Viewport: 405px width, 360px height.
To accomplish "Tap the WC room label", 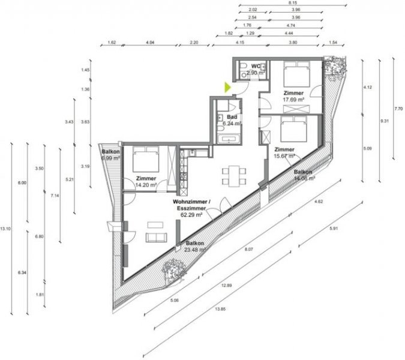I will click(256, 66).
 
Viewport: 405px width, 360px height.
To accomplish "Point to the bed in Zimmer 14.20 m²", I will click(146, 160).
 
